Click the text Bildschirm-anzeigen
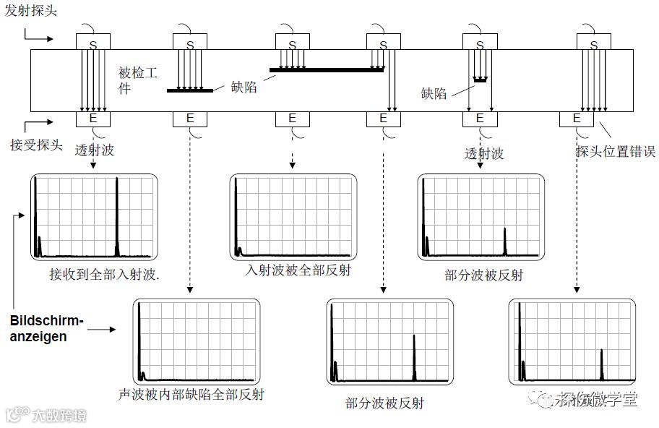[x=46, y=328]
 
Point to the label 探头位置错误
[x=615, y=151]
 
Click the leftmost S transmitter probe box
[x=92, y=43]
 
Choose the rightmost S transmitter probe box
[x=594, y=43]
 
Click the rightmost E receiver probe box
[x=577, y=118]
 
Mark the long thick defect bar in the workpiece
[x=327, y=69]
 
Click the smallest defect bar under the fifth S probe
[x=480, y=78]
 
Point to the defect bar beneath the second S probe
[x=190, y=90]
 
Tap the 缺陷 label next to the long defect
[x=244, y=87]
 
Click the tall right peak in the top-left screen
[x=116, y=217]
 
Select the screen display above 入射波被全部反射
[x=294, y=217]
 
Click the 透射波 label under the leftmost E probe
[x=95, y=150]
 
